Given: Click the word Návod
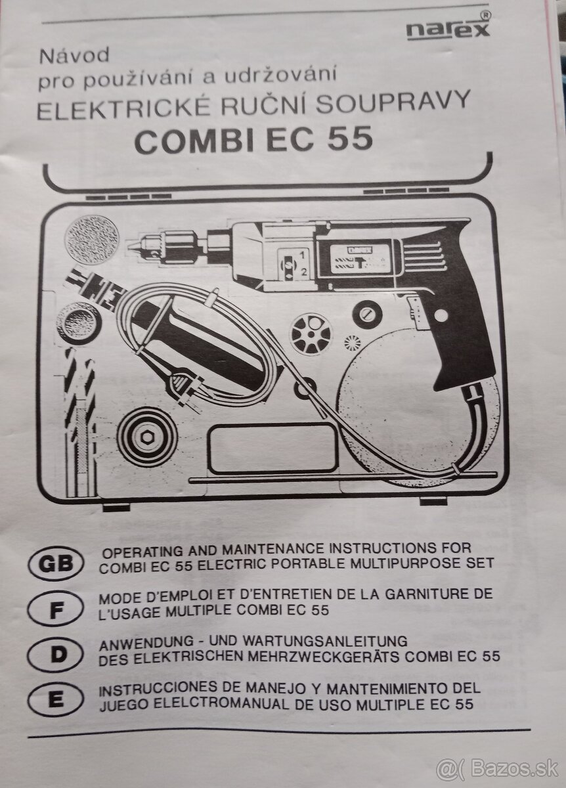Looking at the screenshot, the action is point(74,56).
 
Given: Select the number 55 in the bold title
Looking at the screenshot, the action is point(350,139).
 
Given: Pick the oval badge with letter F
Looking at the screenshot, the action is point(56,612).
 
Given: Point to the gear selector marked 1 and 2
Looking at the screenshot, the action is point(293,263).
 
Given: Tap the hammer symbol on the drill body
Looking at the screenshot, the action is point(360,262).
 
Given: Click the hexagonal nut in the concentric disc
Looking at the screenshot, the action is point(146,437).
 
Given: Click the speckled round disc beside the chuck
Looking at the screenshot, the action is point(92,240).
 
